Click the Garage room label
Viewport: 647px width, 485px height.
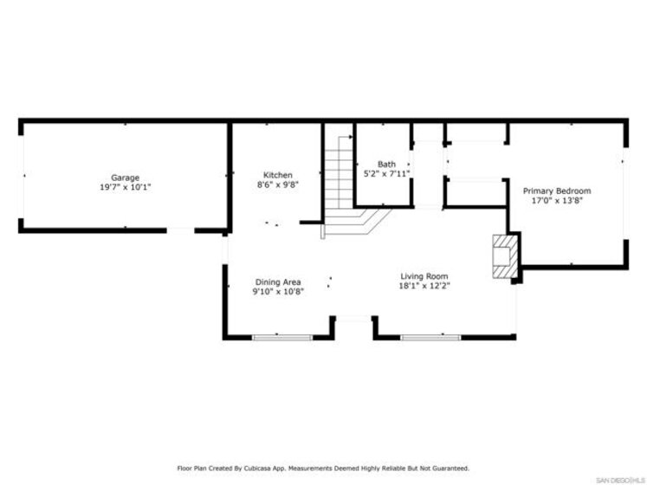[x=125, y=178]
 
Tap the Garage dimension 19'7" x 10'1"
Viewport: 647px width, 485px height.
[x=125, y=187]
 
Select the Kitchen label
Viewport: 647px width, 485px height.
[x=278, y=175]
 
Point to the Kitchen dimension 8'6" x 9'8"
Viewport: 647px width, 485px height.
[x=278, y=184]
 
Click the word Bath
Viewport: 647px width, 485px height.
[x=386, y=165]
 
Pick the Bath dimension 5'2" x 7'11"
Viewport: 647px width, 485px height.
[x=386, y=174]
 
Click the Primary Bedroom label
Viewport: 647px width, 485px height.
[x=557, y=191]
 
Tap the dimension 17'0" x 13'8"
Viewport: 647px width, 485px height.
[x=557, y=201]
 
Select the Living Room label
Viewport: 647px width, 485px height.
[x=424, y=276]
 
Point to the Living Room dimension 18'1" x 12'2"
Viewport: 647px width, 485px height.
[x=424, y=286]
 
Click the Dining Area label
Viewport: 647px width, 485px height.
[x=278, y=282]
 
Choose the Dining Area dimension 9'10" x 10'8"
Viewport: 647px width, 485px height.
[x=278, y=291]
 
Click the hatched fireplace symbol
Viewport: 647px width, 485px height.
[x=505, y=256]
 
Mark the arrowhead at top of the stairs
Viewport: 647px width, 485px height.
[x=351, y=137]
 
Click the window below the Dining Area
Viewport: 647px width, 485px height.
[x=282, y=337]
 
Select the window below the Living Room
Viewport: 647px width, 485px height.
[x=430, y=337]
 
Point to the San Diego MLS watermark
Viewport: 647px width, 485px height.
[x=620, y=481]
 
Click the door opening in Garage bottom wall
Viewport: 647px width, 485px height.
[x=180, y=230]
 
